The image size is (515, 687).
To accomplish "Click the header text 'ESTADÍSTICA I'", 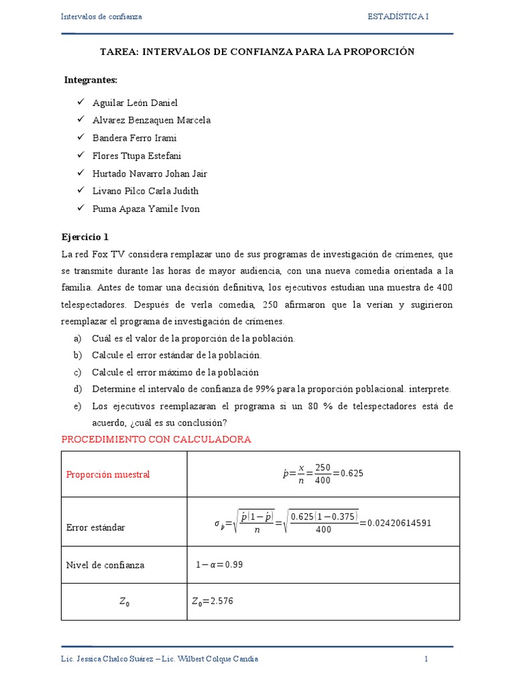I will (398, 16).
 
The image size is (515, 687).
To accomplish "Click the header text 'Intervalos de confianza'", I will (101, 16).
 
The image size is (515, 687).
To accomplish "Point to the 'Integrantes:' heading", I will (91, 80).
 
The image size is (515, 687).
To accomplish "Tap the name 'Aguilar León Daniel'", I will (135, 103).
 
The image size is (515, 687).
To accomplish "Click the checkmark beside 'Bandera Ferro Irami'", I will (80, 137).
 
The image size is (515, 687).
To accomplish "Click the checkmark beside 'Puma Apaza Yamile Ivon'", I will (80, 208).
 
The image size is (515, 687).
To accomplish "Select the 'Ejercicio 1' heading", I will (84, 237).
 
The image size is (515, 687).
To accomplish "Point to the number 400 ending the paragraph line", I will (443, 288).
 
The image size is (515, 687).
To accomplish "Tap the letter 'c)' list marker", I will (77, 372).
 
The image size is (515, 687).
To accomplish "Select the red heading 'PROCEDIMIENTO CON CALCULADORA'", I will (156, 439).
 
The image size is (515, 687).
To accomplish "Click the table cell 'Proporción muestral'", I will (108, 474).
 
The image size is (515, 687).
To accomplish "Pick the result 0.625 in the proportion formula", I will (352, 473).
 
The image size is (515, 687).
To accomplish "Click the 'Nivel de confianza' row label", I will (105, 565).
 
